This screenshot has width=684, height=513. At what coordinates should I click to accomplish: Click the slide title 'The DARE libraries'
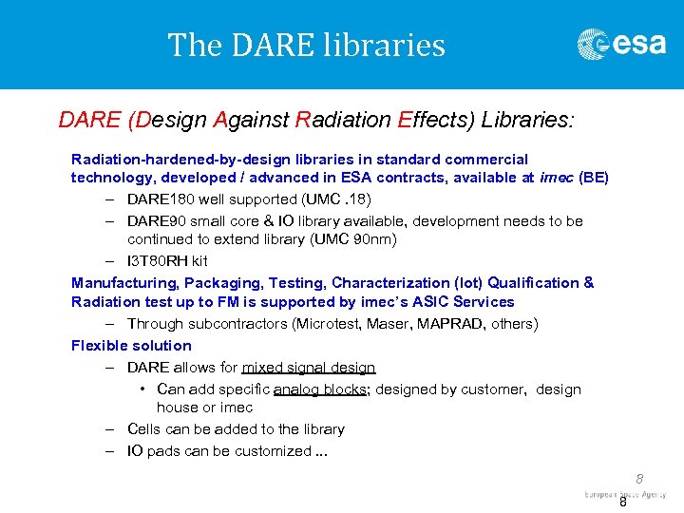click(306, 45)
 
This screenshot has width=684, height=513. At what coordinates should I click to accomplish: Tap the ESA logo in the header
click(621, 44)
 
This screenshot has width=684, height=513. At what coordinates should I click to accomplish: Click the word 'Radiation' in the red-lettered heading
click(341, 120)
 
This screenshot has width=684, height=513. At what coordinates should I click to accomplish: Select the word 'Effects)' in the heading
click(438, 120)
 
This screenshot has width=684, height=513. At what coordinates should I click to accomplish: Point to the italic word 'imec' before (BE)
click(556, 178)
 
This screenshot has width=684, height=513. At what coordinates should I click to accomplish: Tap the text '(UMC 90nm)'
click(358, 239)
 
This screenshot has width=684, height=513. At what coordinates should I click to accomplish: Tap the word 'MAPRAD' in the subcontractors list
click(440, 324)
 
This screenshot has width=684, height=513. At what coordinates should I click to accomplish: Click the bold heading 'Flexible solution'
click(131, 345)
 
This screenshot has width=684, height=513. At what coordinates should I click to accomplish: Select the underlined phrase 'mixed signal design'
click(309, 367)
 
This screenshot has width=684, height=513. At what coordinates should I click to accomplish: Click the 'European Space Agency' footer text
click(625, 495)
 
